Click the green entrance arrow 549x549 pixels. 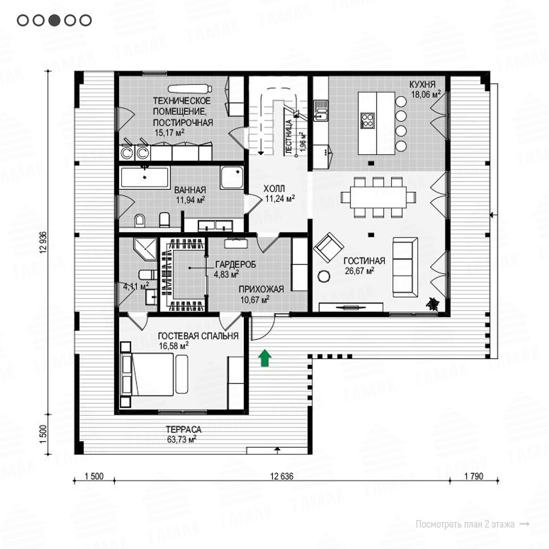pos(265,358)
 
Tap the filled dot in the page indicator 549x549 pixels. pos(54,20)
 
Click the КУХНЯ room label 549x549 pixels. pos(422,84)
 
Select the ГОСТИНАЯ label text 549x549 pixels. pos(364,261)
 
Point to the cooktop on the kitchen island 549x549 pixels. pos(368,120)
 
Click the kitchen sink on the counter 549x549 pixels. pos(321,111)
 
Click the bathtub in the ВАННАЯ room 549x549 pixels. pos(144,177)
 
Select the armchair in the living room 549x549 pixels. pos(328,248)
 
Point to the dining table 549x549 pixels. pos(378,197)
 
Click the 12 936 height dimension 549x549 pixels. pos(43,242)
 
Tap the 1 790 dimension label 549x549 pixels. pos(474,476)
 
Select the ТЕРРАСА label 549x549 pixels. pos(184,429)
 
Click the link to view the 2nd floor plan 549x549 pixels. pos(472,524)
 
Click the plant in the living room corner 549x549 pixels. pos(433,303)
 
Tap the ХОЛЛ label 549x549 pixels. pos(274,189)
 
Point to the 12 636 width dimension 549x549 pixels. pos(282,476)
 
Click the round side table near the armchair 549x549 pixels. pos(324,277)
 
